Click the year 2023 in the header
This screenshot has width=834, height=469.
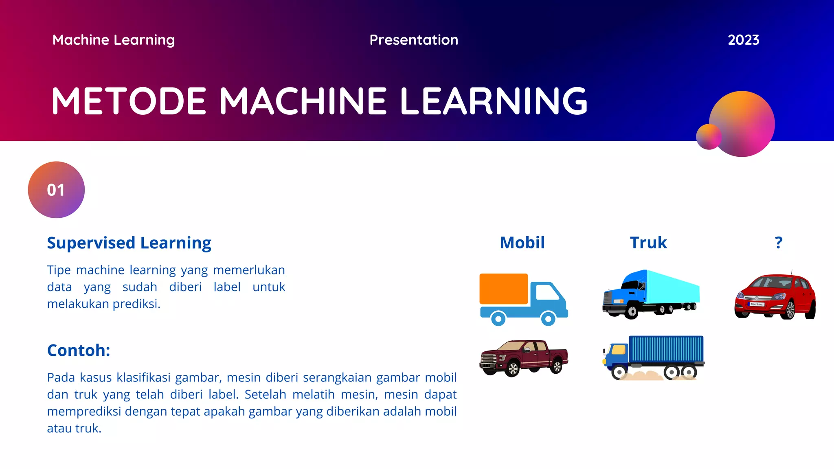743,40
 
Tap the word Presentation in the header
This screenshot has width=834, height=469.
414,40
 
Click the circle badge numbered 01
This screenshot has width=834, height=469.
56,190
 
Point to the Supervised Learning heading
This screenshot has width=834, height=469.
129,243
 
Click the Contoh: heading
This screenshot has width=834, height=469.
79,350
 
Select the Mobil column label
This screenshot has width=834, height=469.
522,243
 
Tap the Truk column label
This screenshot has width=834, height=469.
648,243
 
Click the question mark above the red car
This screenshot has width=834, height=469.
778,243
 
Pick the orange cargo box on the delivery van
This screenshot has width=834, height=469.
504,289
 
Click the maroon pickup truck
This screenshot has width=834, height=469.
523,357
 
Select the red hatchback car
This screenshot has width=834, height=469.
775,296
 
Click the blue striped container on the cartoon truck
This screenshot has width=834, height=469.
666,349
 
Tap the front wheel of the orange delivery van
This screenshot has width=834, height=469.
548,318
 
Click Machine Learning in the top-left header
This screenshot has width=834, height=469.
114,40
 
